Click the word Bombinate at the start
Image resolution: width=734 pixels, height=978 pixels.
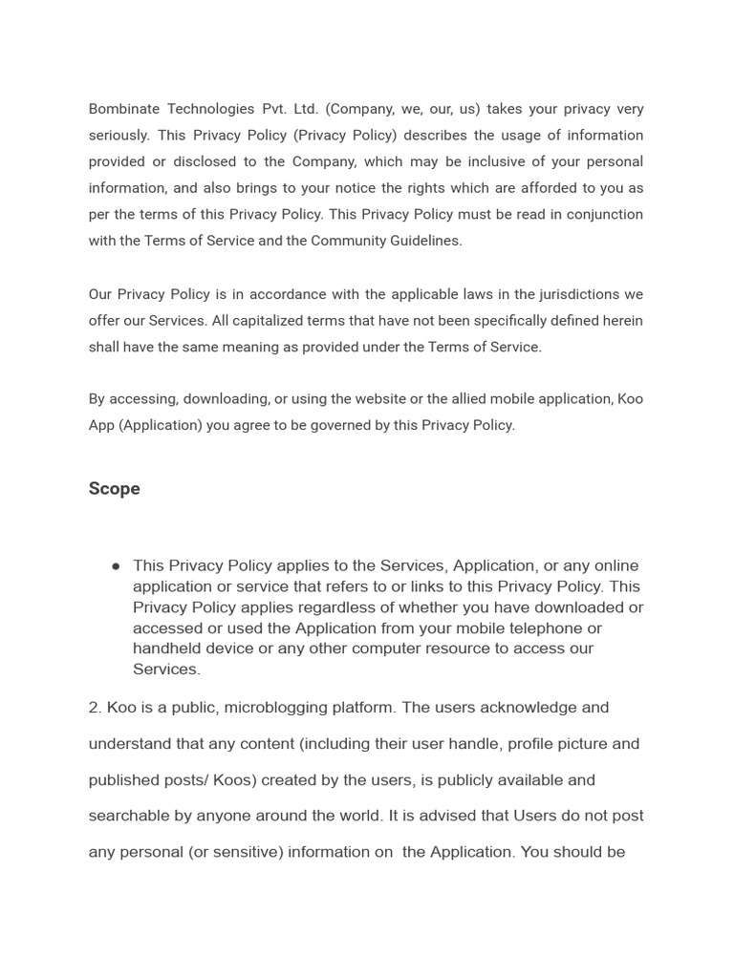click(x=124, y=109)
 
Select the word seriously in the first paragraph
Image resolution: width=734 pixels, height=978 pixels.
click(x=119, y=136)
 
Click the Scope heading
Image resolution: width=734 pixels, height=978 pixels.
click(x=114, y=489)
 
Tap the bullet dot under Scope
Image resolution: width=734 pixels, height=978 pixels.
click(x=116, y=566)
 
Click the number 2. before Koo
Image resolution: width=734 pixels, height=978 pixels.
click(x=96, y=708)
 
